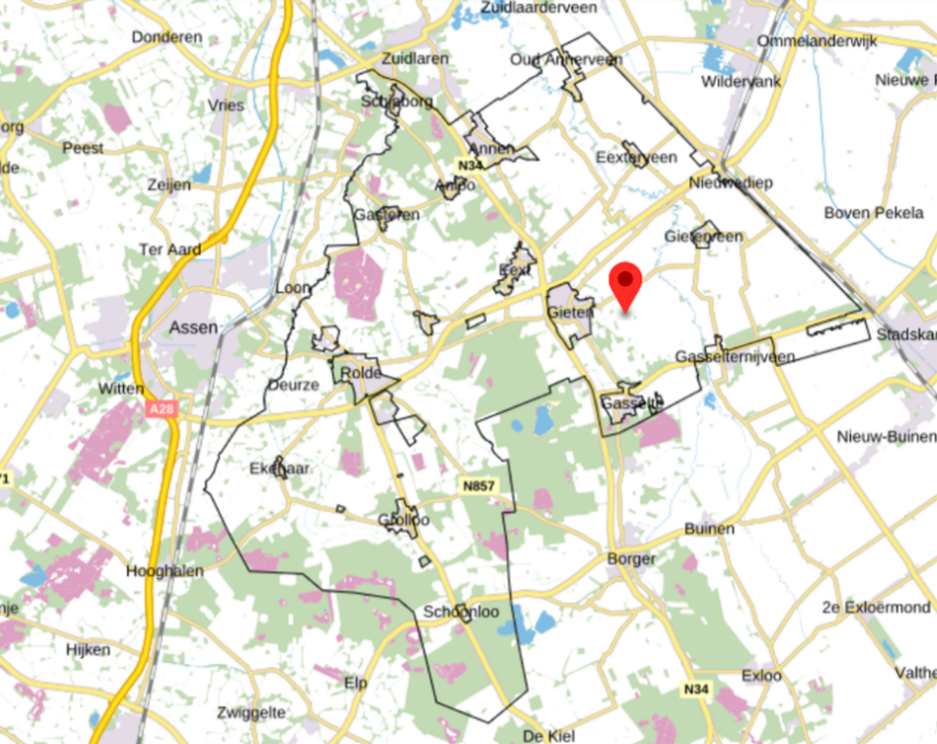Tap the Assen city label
tap(193, 327)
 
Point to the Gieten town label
tap(570, 312)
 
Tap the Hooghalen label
tap(164, 572)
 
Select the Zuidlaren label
tap(417, 59)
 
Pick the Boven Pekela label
tap(874, 212)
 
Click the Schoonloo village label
tap(462, 612)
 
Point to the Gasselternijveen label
tap(735, 357)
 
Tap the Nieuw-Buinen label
tap(885, 436)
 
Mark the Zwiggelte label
tap(253, 711)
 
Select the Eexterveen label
tap(636, 156)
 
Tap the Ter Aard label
tap(170, 250)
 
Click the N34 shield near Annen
tap(471, 166)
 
